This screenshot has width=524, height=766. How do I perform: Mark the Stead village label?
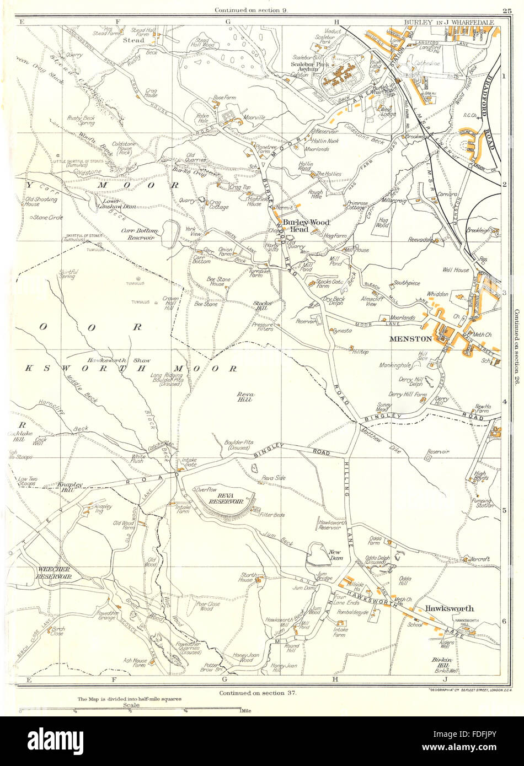[x=133, y=40]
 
